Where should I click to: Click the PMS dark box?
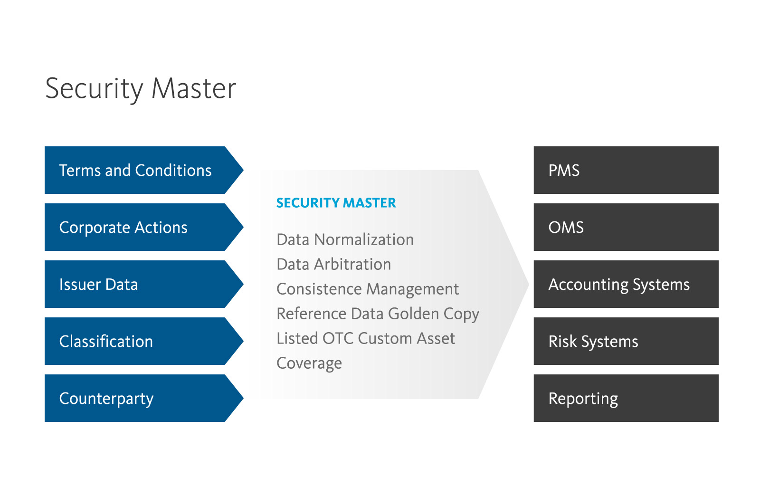coord(626,170)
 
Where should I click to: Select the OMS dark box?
coord(626,227)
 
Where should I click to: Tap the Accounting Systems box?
coord(626,284)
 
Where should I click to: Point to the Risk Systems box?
coord(626,341)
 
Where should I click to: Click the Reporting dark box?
coord(626,398)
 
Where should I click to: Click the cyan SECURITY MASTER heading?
coord(336,203)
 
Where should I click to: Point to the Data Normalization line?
coord(345,239)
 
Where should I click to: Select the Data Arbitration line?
coord(333,264)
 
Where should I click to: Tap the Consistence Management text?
coord(367,289)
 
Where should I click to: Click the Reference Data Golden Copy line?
coord(378,314)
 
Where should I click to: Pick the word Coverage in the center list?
coord(309,363)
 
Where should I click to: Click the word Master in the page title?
coord(194,88)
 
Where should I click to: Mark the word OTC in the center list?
coord(338,338)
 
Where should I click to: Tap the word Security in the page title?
coord(94,88)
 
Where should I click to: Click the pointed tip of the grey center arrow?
coord(527,284)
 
